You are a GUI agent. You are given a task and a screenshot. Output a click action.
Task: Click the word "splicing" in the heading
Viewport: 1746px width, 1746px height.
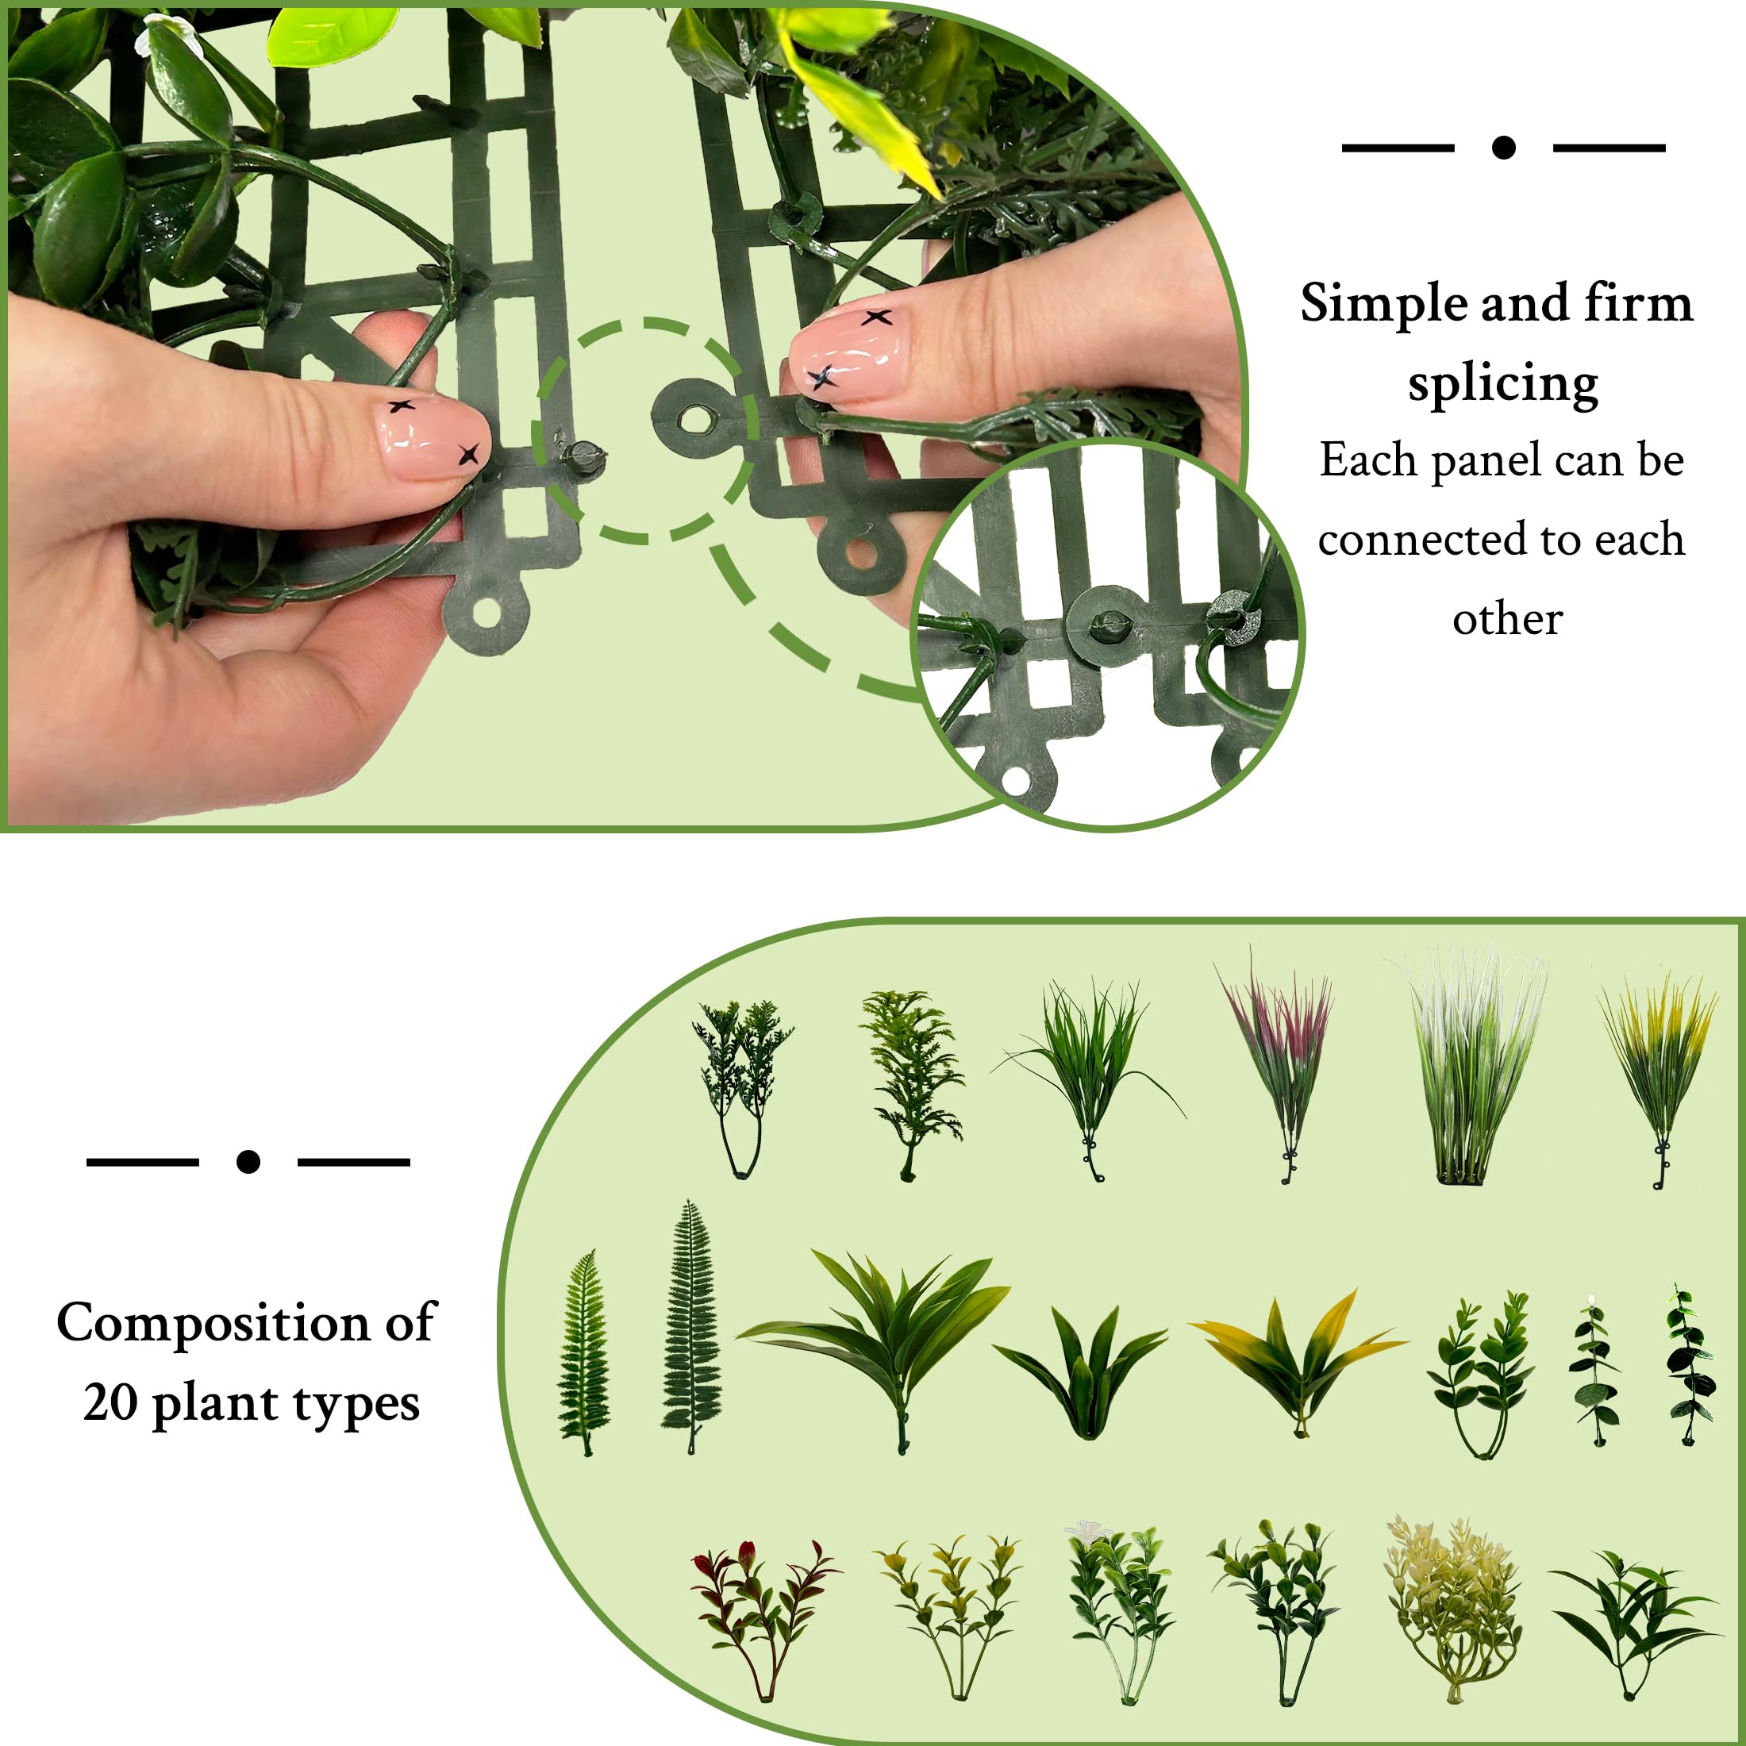(x=1503, y=384)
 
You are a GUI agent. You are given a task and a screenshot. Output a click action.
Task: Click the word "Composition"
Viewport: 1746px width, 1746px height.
(x=213, y=1323)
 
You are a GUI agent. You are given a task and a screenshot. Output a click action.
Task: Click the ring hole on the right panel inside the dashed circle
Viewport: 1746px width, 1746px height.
(x=696, y=418)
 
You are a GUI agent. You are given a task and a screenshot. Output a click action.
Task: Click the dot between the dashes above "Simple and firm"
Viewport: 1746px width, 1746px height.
(x=1503, y=148)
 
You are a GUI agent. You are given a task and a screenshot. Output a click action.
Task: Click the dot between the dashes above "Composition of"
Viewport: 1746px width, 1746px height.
(x=248, y=1161)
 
